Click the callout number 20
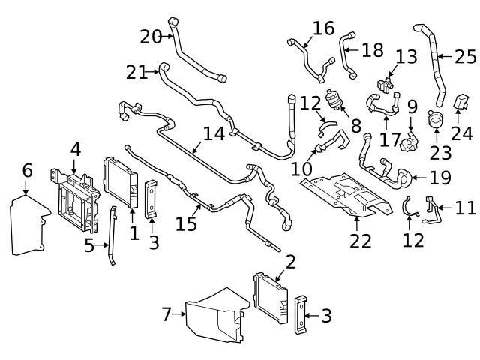click(151, 35)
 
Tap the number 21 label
click(137, 72)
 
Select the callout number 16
click(323, 28)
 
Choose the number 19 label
click(441, 178)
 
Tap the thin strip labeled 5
click(112, 236)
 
